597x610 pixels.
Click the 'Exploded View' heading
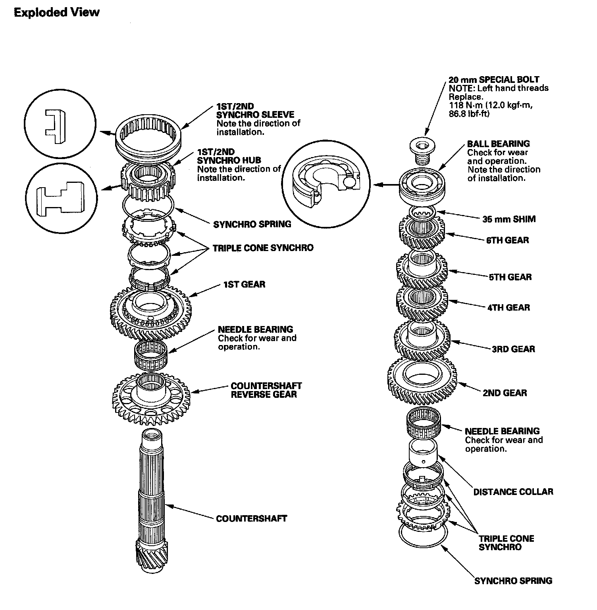[x=56, y=13]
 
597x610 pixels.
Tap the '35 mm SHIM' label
[x=509, y=219]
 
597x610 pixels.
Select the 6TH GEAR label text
[x=508, y=240]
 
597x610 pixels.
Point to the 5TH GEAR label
[x=510, y=277]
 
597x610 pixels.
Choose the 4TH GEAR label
[x=508, y=307]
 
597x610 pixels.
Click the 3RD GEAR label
[x=513, y=349]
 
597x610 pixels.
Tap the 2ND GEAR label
[x=505, y=393]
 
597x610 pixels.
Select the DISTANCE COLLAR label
[x=513, y=492]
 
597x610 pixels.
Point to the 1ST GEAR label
[x=244, y=284]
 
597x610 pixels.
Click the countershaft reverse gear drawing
[x=151, y=399]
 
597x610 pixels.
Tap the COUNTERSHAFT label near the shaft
[x=251, y=518]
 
